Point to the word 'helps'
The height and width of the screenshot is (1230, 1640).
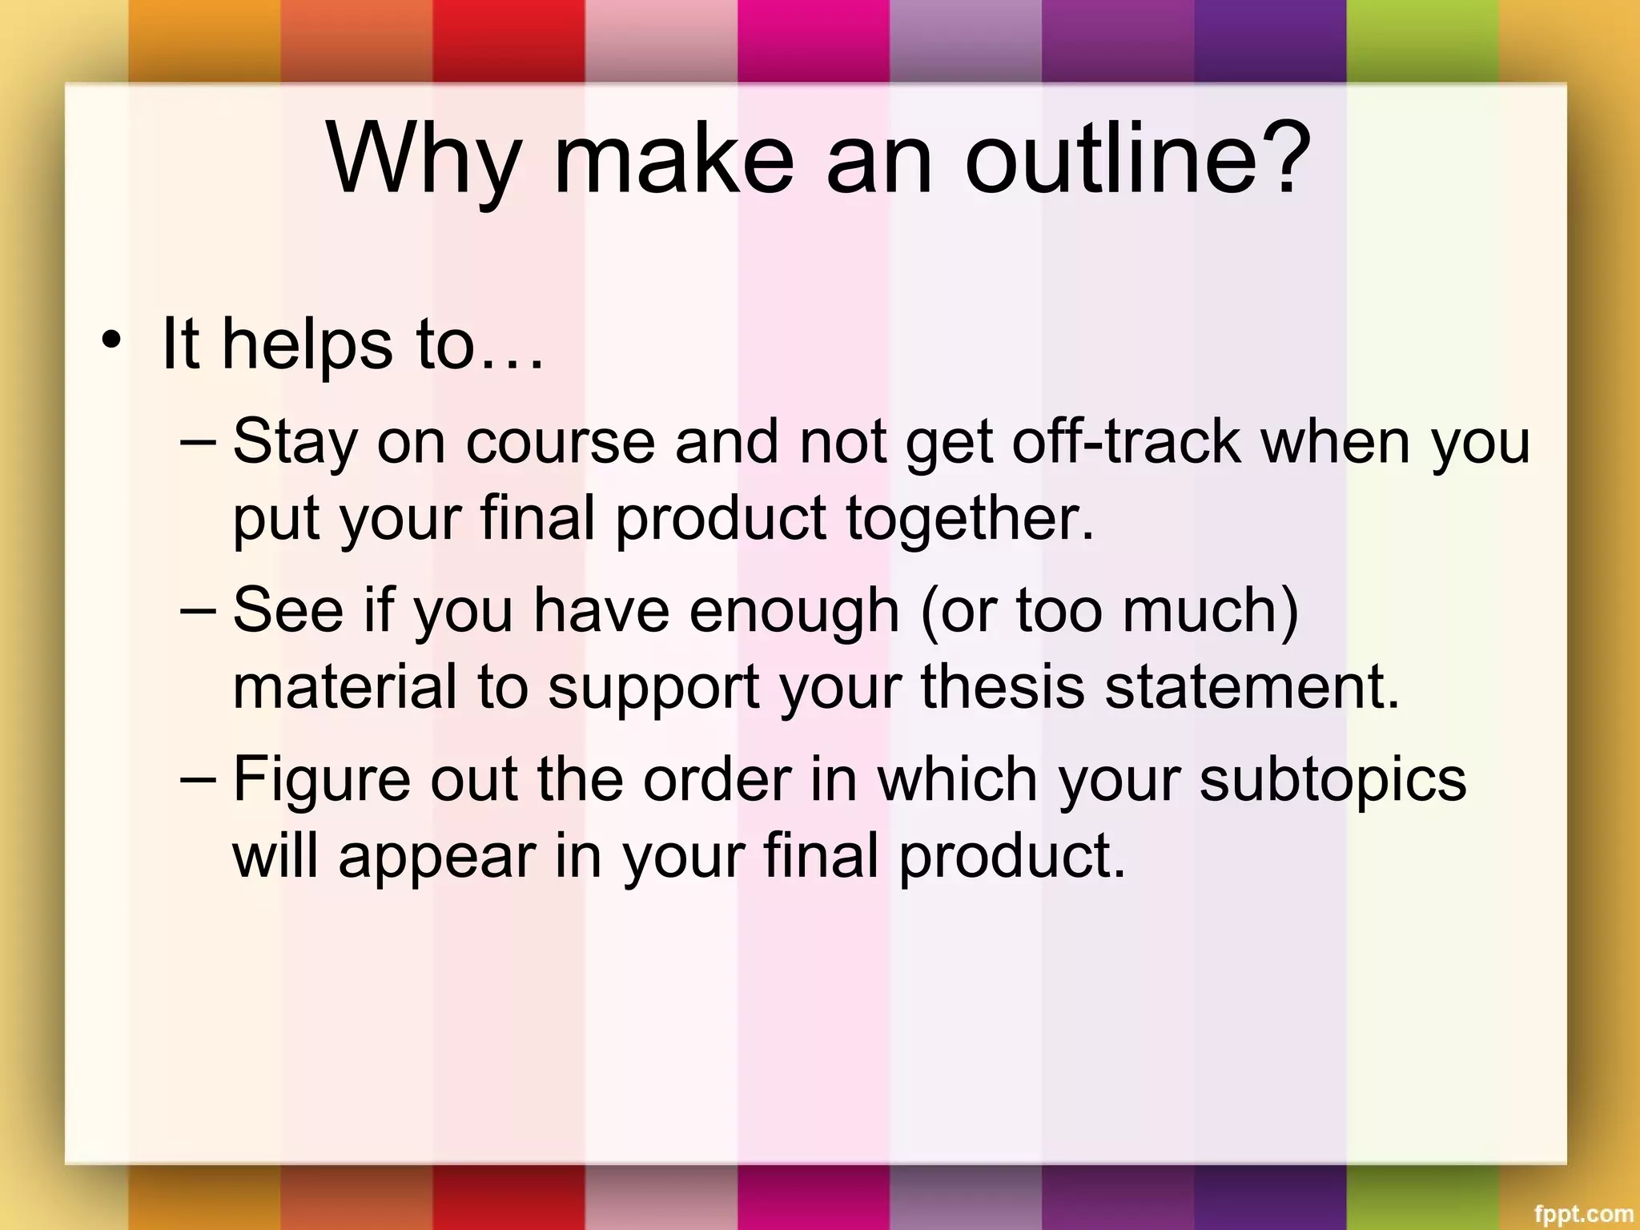(307, 346)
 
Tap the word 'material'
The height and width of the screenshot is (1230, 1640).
(344, 687)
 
